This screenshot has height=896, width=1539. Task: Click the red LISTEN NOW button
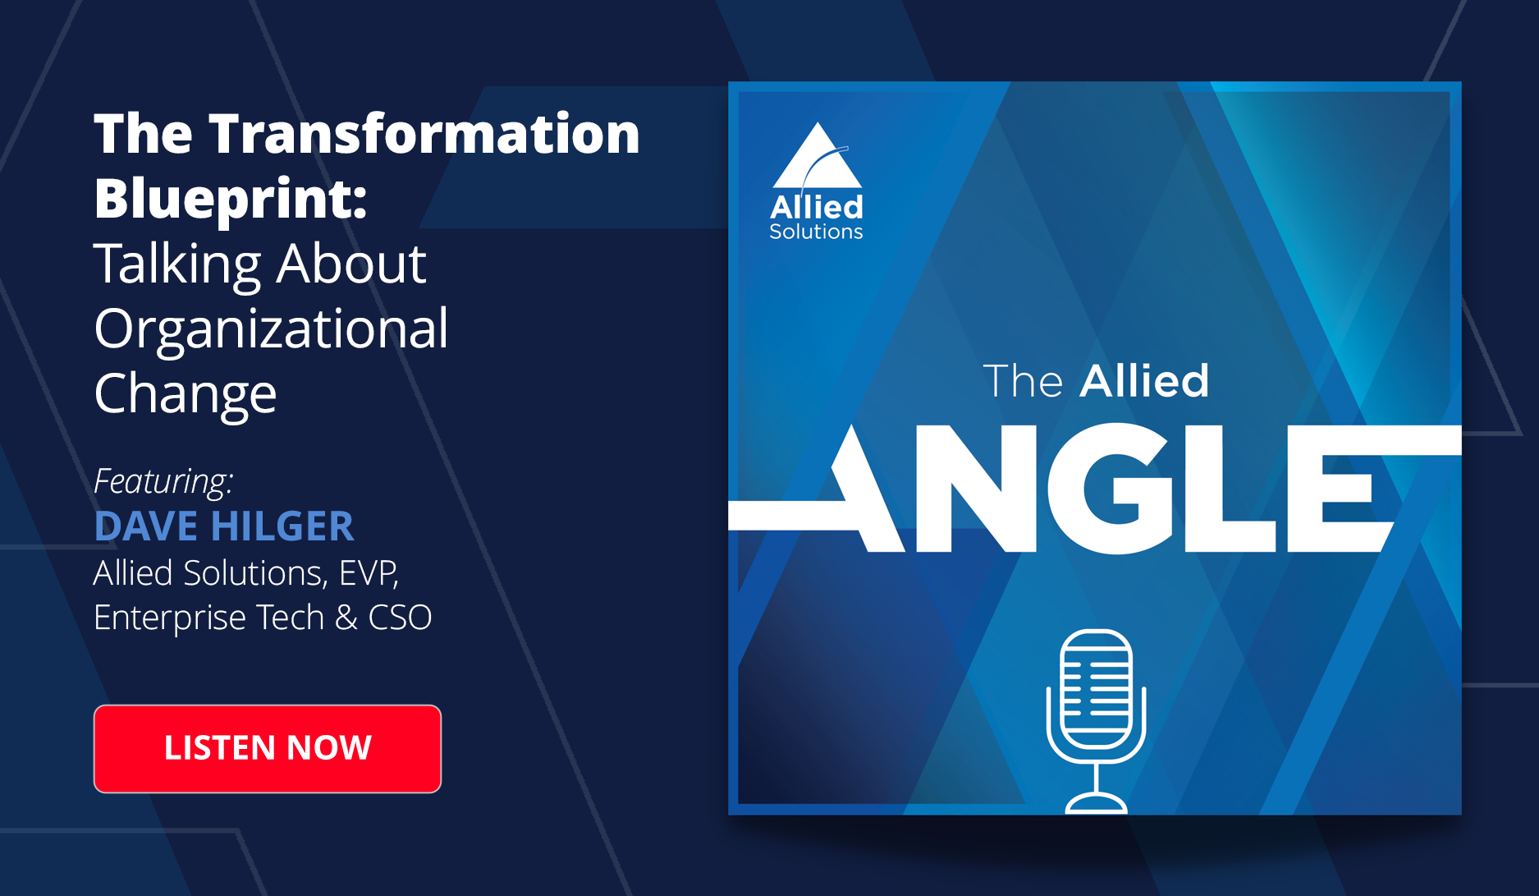(268, 748)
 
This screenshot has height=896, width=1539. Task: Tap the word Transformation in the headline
(424, 133)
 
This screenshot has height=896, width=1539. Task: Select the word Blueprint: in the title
(231, 200)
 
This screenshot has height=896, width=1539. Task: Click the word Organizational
(271, 329)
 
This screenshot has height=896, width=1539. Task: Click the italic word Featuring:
(163, 482)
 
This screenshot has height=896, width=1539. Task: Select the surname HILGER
(282, 526)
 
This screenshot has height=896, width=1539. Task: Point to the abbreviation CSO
(400, 618)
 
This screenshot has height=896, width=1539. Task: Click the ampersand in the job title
(346, 618)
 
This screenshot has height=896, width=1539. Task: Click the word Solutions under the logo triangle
(816, 232)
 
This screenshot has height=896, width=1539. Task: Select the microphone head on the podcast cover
(1096, 687)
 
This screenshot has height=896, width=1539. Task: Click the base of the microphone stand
(1096, 803)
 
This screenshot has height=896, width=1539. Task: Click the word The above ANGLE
(1023, 382)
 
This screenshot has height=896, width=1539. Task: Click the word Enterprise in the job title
(169, 618)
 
